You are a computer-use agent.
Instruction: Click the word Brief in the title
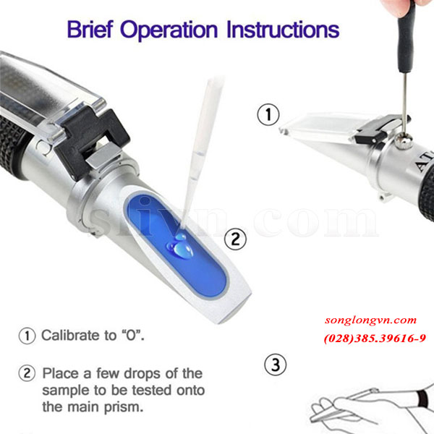click(90, 30)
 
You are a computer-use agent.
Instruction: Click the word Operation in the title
click(169, 30)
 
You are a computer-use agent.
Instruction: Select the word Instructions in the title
click(283, 30)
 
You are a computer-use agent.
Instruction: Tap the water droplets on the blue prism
click(180, 247)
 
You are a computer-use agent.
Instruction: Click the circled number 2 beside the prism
click(235, 239)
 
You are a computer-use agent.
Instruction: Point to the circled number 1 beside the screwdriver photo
click(268, 114)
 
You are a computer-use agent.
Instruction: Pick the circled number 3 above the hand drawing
click(276, 365)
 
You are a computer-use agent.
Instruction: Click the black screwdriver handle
click(406, 36)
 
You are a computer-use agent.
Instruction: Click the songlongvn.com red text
click(370, 320)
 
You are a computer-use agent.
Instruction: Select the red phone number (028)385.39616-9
click(375, 339)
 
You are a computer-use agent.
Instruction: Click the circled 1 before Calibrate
click(27, 336)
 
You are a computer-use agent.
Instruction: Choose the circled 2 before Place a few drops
click(27, 373)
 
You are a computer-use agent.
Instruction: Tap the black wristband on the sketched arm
click(423, 399)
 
